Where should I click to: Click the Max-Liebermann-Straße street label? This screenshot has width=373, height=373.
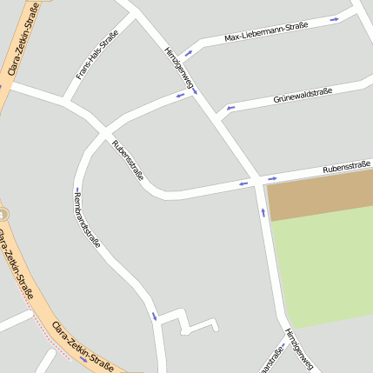coord(266,32)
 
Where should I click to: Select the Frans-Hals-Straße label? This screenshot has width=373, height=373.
coord(97,56)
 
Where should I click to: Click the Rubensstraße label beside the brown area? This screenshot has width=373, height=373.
coord(347,166)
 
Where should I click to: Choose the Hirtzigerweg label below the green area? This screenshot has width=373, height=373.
coord(298,350)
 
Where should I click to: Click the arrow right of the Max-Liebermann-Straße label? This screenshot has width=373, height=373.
coord(335,19)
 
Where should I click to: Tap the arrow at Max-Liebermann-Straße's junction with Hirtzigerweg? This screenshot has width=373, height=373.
coord(188,53)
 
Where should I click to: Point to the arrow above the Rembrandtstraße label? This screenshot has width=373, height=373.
coord(77,189)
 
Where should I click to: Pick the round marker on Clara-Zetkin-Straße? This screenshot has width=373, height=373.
coord(3,213)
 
